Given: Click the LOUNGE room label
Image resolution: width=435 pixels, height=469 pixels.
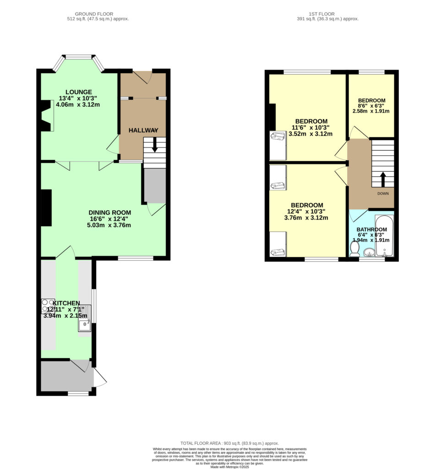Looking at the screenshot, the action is [79, 92].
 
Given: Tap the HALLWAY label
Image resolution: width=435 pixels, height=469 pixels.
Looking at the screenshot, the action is [143, 131].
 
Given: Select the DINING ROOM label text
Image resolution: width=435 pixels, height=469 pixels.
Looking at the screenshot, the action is [110, 213].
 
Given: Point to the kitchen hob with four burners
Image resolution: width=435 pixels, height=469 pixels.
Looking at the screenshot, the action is [48, 305].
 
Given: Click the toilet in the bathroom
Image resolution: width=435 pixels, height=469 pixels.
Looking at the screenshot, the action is [354, 249].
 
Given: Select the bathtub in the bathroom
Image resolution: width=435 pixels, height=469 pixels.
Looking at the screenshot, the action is [384, 236].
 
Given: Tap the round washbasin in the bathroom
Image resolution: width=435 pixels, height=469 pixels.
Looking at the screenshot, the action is [369, 252].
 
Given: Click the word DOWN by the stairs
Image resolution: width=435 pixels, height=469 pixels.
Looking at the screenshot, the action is [383, 194].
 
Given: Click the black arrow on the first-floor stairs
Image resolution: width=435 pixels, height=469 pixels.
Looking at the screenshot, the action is [383, 180].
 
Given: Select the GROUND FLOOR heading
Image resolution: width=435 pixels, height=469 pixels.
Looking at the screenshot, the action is [94, 14].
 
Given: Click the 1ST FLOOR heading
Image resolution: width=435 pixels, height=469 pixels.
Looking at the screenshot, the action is [322, 14].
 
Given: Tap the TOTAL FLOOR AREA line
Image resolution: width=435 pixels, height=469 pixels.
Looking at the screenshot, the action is [229, 443].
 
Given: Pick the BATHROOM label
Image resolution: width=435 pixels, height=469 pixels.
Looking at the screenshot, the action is [372, 229].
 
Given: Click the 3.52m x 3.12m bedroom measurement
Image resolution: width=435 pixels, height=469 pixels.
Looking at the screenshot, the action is [310, 134].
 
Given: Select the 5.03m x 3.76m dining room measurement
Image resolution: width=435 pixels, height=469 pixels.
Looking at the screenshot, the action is [109, 225].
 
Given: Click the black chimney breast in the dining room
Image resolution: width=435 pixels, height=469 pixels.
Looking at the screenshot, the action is [46, 208].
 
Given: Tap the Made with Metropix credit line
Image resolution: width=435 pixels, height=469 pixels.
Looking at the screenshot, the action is [229, 467].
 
